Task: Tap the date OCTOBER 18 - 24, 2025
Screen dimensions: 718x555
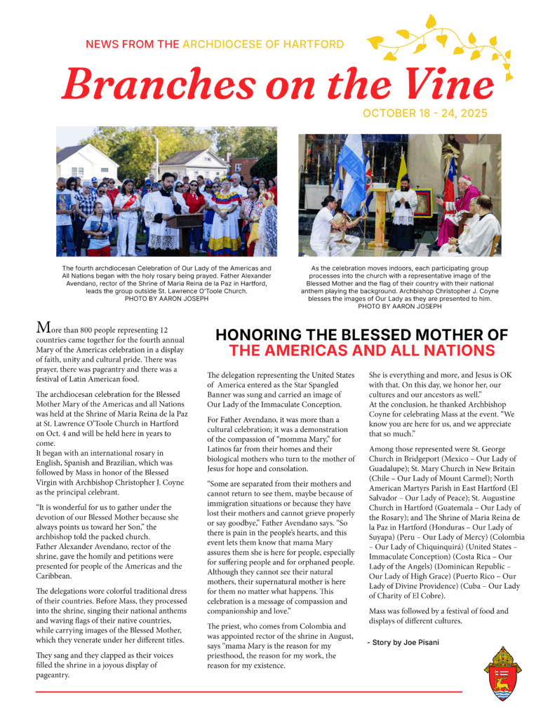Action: [424, 114]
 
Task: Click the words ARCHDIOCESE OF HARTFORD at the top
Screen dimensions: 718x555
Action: [263, 44]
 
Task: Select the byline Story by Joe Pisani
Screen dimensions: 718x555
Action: [403, 642]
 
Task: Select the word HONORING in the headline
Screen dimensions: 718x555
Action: [265, 335]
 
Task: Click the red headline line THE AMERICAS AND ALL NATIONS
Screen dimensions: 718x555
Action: [361, 351]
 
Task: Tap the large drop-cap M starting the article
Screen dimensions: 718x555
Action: [43, 327]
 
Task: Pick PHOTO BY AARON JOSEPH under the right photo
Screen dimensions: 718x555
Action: [399, 306]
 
